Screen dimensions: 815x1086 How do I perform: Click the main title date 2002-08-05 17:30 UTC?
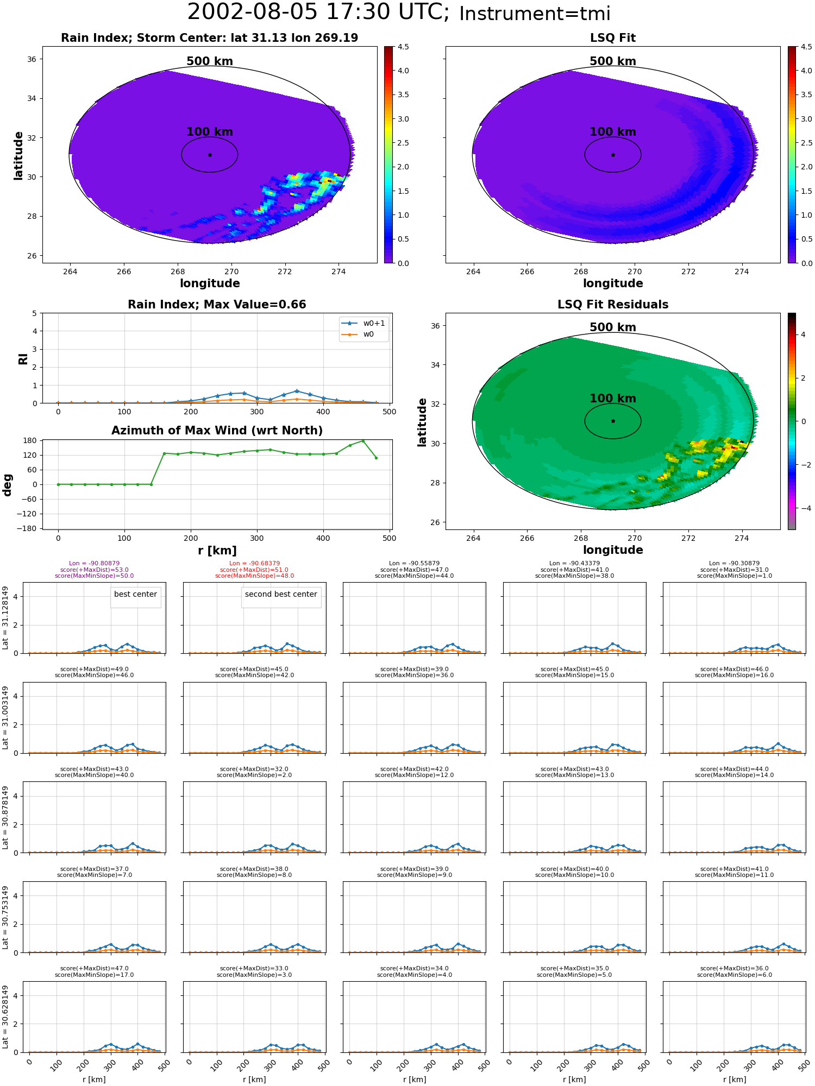tap(318, 12)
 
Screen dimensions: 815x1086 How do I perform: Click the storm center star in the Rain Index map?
tap(210, 155)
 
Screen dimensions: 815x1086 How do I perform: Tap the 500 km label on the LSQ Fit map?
tap(613, 61)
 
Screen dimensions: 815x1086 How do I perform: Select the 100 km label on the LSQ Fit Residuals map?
tap(613, 399)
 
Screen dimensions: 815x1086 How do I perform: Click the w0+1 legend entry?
tap(374, 323)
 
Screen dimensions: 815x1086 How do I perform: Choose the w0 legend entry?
tap(368, 334)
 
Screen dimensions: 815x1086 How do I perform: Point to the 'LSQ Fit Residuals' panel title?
tap(613, 304)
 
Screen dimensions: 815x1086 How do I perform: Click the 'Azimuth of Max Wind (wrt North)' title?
tap(217, 431)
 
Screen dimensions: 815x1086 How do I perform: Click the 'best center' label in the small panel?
tap(135, 594)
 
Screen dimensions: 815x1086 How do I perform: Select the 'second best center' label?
tap(281, 594)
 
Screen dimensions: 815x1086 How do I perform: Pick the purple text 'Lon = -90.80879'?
tap(94, 563)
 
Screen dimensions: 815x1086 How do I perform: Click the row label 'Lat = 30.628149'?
tap(5, 1016)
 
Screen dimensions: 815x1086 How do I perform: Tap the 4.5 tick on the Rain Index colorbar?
tap(403, 47)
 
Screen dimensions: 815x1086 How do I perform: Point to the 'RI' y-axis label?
tap(23, 359)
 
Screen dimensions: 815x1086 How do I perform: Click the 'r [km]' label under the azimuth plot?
tap(217, 551)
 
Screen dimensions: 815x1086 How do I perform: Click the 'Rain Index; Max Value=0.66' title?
tap(217, 304)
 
